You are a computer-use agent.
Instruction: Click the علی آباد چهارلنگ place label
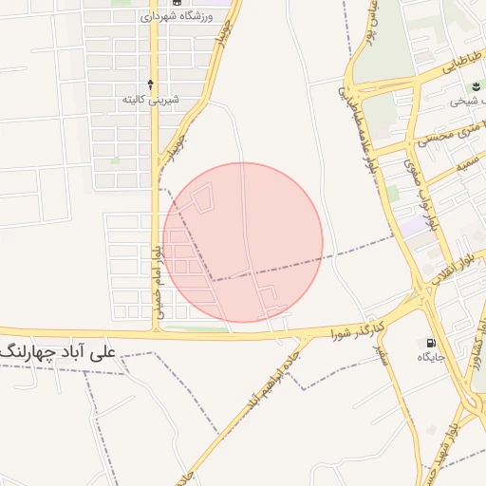[x=59, y=350]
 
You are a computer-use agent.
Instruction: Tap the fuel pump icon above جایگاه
[x=433, y=343]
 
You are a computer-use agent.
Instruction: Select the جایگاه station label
[x=432, y=357]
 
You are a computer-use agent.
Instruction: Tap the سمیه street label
[x=465, y=163]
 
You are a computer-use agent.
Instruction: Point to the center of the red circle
[x=243, y=242]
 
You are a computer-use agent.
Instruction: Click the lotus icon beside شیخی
[x=475, y=86]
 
